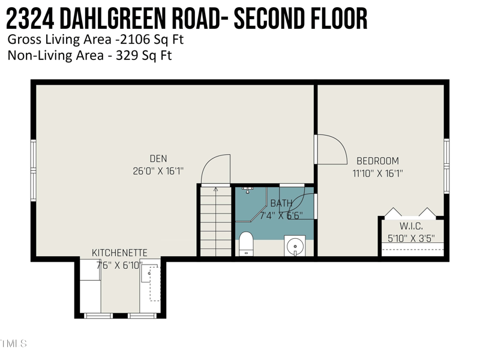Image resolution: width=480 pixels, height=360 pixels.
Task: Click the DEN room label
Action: [x=158, y=159]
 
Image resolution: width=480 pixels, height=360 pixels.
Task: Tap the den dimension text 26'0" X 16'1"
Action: [x=158, y=171]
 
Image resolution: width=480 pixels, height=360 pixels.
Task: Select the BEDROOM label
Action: [x=377, y=161]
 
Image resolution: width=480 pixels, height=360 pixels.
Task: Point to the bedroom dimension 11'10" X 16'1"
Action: [x=377, y=173]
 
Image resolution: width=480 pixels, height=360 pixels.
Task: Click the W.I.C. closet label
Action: [x=411, y=226]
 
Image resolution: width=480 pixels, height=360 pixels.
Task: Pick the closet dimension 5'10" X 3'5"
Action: [x=411, y=238]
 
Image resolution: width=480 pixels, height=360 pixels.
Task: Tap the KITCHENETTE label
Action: [x=119, y=253]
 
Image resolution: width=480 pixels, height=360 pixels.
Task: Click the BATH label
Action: [x=281, y=203]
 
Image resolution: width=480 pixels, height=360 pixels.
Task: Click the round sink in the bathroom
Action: [x=295, y=246]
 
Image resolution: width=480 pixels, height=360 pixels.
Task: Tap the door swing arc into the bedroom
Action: [x=332, y=149]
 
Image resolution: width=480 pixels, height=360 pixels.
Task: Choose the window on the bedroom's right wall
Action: [x=446, y=166]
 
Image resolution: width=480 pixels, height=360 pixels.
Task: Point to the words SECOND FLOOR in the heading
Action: [x=300, y=20]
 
